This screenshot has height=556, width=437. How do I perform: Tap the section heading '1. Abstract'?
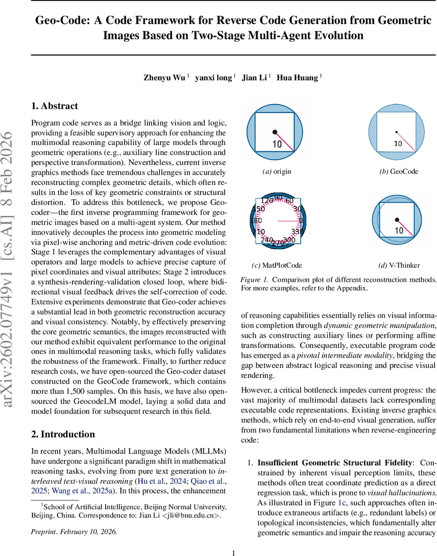(55, 106)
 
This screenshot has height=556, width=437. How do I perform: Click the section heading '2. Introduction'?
(63, 434)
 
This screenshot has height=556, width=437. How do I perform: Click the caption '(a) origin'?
(276, 171)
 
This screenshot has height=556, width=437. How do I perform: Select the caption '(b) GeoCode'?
(398, 171)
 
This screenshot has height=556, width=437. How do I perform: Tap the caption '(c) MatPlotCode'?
(276, 265)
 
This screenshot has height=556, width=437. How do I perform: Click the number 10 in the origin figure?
(276, 144)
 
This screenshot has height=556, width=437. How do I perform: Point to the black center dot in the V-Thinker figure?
(396, 220)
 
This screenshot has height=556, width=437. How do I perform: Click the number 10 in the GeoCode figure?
(398, 144)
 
